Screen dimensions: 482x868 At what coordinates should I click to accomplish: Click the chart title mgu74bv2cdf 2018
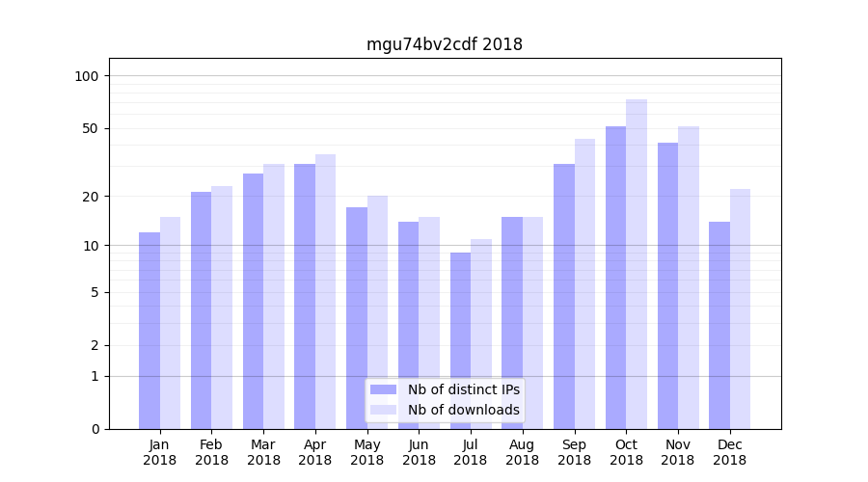tap(445, 44)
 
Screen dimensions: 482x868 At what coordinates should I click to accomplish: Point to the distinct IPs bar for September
tap(564, 296)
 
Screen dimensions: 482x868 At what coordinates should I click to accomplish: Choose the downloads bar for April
tap(326, 291)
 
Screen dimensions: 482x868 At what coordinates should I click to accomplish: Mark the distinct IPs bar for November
tap(667, 285)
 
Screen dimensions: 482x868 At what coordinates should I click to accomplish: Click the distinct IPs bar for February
tap(201, 309)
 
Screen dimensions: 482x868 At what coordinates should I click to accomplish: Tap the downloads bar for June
tap(429, 322)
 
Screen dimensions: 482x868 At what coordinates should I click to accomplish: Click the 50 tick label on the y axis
tap(91, 128)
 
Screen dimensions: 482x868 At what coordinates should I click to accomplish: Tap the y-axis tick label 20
tap(91, 197)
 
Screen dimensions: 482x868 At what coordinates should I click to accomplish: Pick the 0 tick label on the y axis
tap(95, 429)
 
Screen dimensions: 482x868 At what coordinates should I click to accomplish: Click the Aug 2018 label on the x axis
tap(522, 452)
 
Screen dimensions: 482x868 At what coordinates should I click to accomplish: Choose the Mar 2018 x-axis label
tap(263, 452)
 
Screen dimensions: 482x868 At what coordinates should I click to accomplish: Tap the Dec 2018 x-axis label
tap(729, 452)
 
